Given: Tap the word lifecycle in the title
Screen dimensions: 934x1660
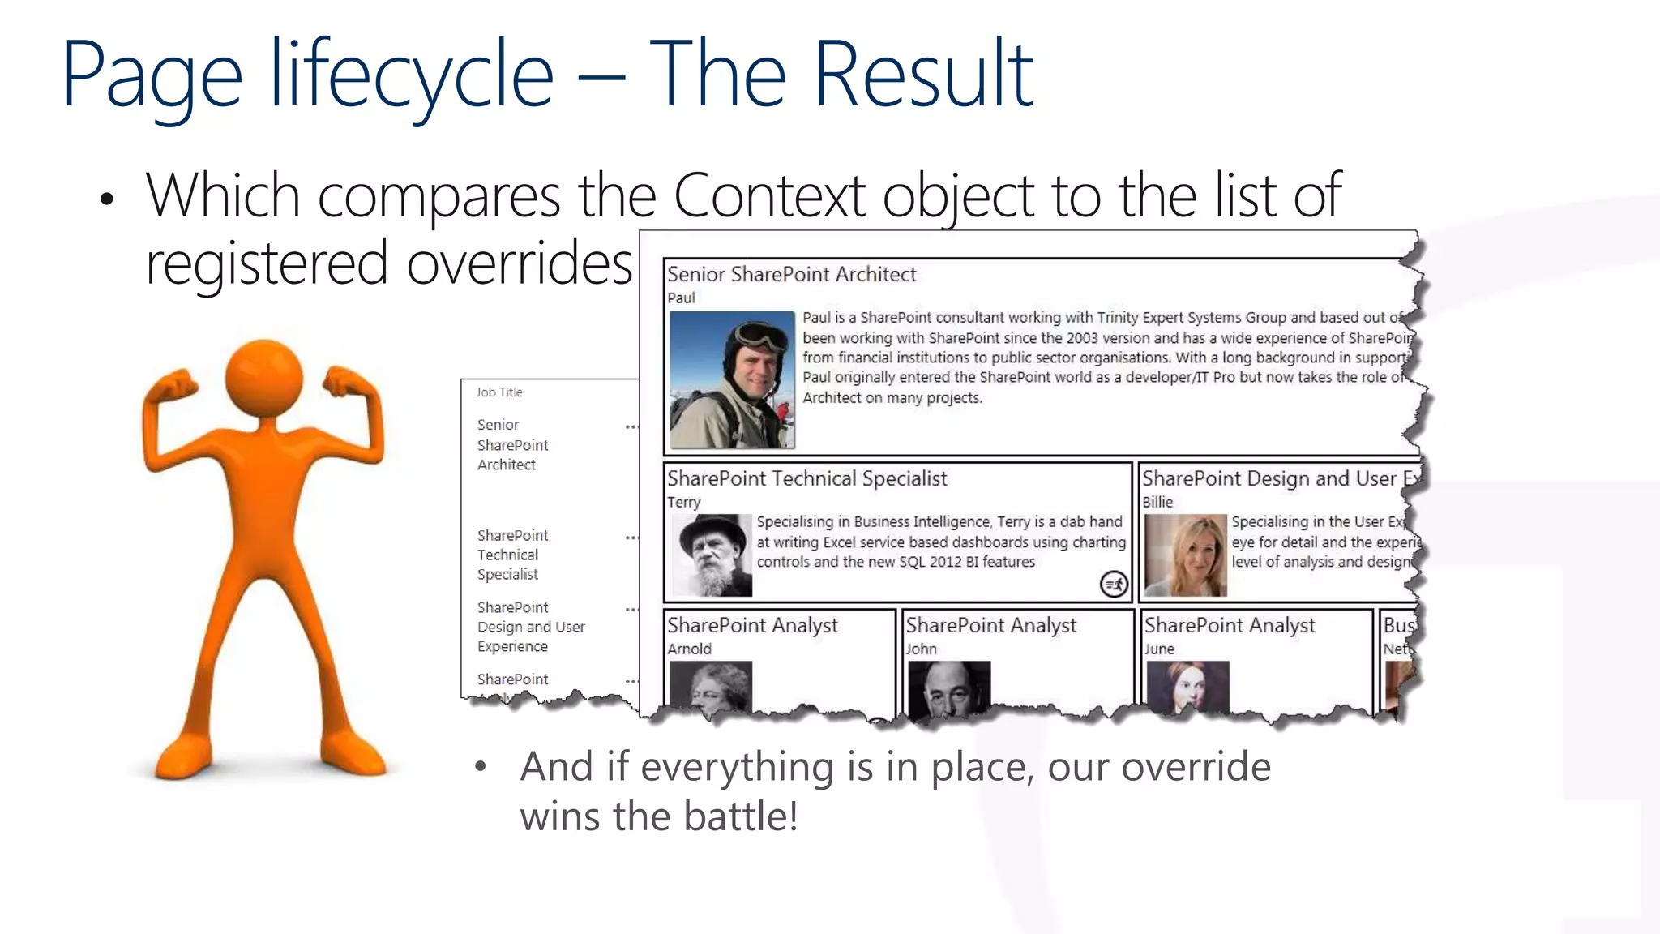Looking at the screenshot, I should (412, 75).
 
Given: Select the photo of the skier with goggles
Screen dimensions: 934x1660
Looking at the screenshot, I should (731, 379).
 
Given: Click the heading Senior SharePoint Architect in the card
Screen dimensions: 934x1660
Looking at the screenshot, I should (791, 275).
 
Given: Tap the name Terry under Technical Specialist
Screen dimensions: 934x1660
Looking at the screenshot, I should (683, 502).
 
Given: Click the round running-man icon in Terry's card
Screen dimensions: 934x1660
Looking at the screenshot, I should (1114, 583).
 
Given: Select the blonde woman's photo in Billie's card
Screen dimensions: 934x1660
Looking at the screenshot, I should (1185, 556).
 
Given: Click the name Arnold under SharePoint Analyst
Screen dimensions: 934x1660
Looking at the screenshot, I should (689, 649).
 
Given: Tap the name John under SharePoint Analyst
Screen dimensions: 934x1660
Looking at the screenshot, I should (921, 649).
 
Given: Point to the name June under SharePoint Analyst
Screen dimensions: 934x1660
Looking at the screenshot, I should (1159, 649).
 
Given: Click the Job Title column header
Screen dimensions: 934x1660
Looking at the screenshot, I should (499, 392).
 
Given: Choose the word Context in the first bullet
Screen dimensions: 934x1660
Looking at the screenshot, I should (769, 195).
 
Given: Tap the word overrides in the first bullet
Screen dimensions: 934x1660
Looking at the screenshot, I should (519, 263).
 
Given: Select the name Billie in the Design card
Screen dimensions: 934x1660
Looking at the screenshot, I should (1157, 502).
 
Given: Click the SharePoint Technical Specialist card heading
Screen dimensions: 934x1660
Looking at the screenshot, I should (806, 478).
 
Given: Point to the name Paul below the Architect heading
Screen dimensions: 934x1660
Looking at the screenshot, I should (681, 298).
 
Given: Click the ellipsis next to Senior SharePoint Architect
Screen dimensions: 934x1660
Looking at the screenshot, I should (631, 426).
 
